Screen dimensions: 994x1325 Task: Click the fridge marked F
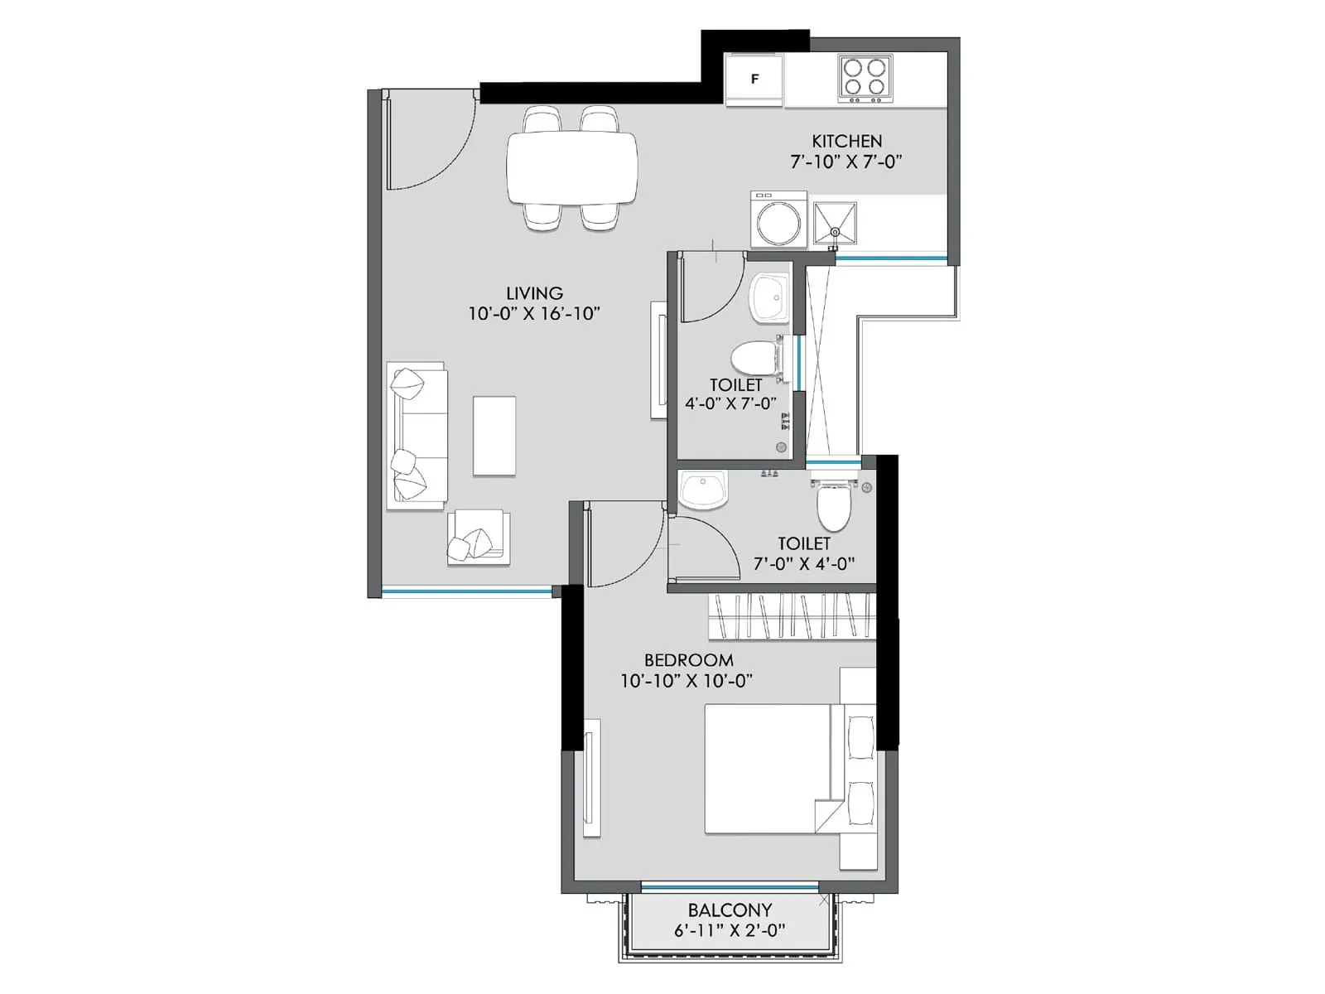tap(754, 80)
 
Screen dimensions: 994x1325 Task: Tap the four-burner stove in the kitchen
tap(865, 78)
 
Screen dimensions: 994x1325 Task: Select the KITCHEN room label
tap(846, 141)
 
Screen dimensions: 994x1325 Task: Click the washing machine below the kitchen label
tap(778, 220)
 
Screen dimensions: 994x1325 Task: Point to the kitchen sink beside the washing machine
tap(835, 223)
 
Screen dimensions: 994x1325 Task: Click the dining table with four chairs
tap(572, 167)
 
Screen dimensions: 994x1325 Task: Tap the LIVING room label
tap(534, 293)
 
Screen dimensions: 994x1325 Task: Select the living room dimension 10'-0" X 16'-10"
tap(534, 314)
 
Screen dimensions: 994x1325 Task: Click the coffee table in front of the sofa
tap(494, 436)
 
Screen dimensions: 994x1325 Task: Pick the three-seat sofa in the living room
tap(417, 434)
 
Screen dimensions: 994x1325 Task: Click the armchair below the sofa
tap(478, 538)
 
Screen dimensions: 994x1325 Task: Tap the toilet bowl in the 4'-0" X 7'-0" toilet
tap(754, 359)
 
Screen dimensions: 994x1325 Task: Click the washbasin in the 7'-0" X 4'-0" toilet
tap(703, 490)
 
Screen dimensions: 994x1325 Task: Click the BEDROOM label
tap(688, 660)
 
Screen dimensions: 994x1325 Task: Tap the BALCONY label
tap(730, 910)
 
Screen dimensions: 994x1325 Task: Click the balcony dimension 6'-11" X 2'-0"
tap(730, 930)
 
